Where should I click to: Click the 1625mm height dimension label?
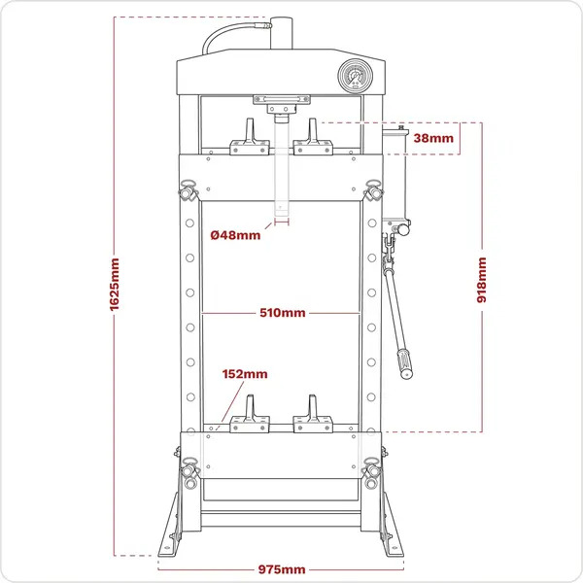click(x=115, y=285)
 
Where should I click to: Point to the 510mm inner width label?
click(x=282, y=313)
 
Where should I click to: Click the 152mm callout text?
click(x=245, y=373)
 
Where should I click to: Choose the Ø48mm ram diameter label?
click(x=236, y=234)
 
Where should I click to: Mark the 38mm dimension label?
click(x=433, y=138)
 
